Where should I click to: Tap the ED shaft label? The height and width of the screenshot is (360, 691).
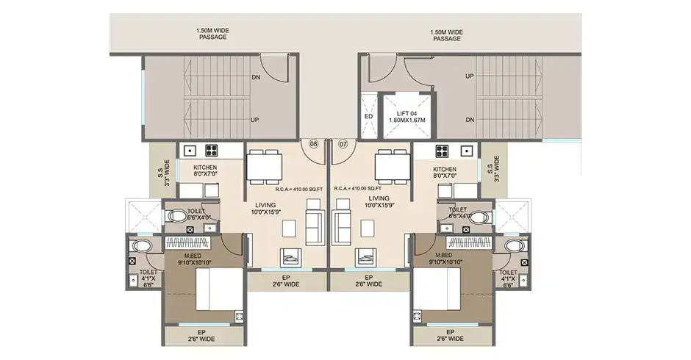pos(369,117)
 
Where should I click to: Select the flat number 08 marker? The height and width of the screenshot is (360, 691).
pos(313,144)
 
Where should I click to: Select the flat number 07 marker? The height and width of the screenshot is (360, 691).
pos(342,144)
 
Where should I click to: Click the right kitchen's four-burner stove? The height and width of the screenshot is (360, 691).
pos(443,150)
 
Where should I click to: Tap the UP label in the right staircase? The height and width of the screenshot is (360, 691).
pos(469,76)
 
